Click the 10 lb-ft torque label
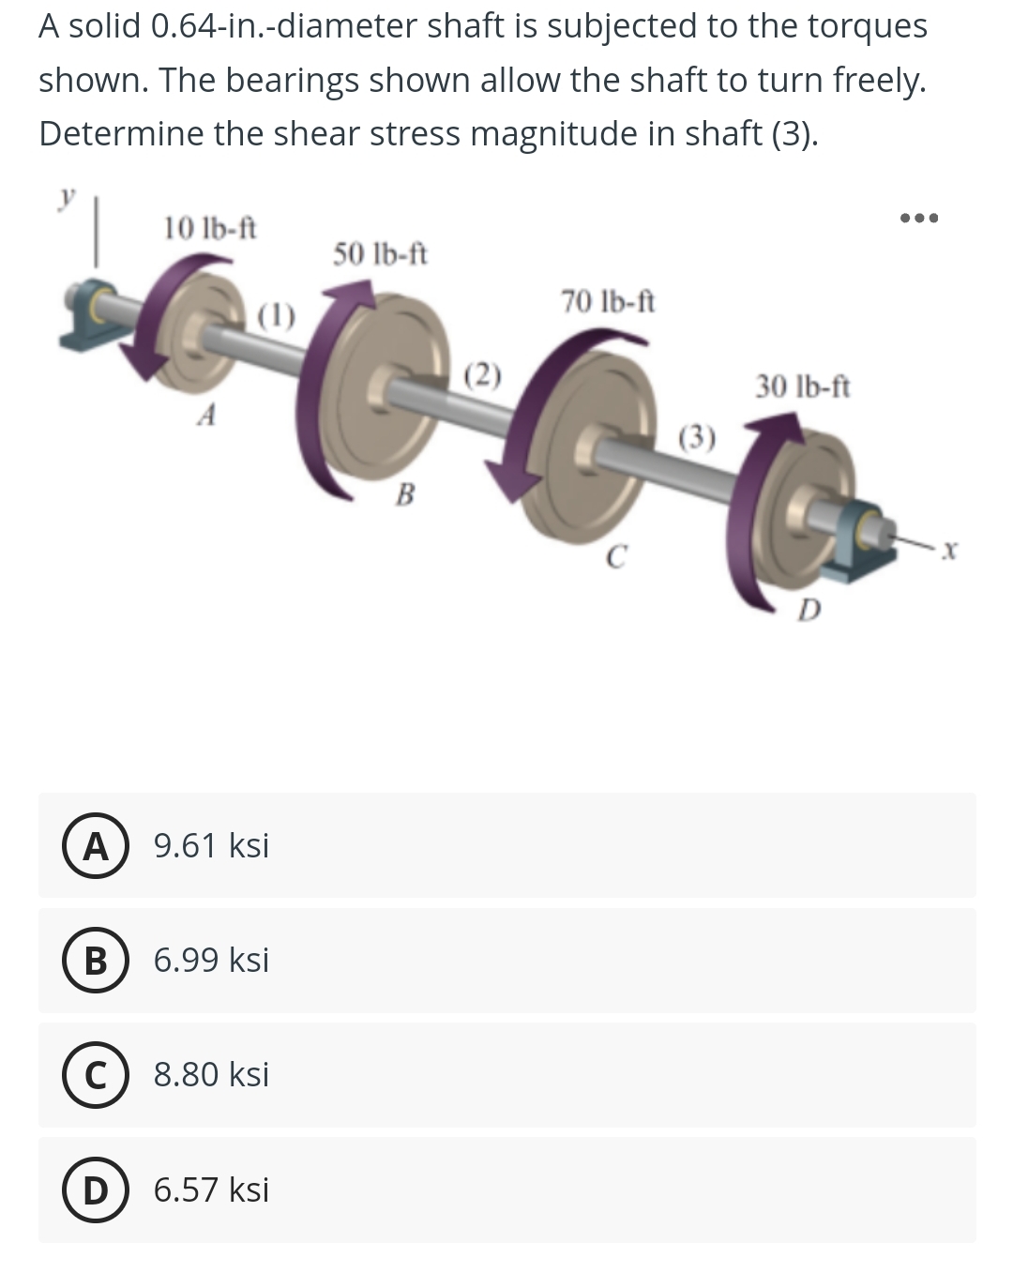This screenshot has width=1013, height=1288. coord(210,228)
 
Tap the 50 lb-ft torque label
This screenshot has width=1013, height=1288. coord(380,254)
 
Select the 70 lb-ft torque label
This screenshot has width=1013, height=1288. coord(608,302)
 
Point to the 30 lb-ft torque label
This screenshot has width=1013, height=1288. coord(803,386)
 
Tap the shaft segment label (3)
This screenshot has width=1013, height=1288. coord(697,437)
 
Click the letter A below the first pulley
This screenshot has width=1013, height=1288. coord(208,414)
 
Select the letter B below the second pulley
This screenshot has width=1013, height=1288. coord(405,493)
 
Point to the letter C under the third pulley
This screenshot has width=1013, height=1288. coord(613,557)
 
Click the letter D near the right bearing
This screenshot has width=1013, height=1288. coord(809,612)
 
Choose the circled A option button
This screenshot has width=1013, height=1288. coord(96,846)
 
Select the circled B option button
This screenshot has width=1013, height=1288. coord(96,961)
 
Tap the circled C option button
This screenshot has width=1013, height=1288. coord(96,1075)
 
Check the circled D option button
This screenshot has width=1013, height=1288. coord(96,1190)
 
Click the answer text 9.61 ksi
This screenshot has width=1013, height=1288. coord(211,846)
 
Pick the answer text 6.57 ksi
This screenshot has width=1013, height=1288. coord(211,1190)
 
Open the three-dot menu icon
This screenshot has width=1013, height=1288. coord(918,219)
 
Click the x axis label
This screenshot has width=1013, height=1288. coord(949,544)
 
